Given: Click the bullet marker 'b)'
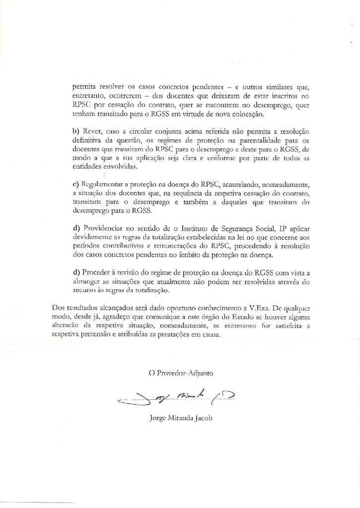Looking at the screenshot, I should click(76, 131).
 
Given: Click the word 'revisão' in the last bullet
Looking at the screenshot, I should click(133, 272).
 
